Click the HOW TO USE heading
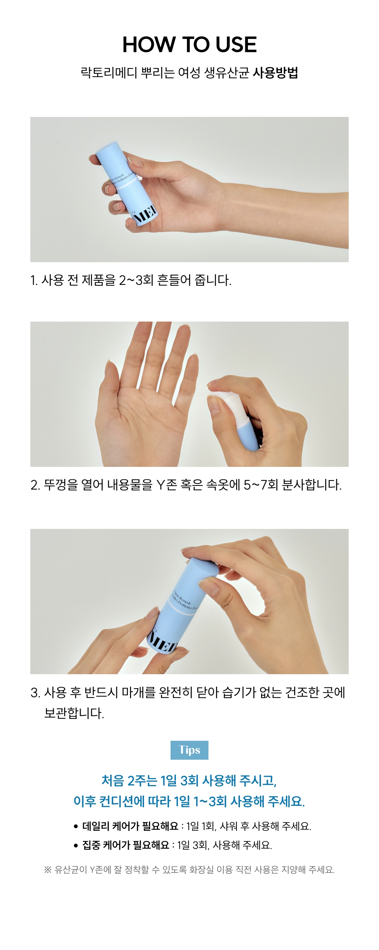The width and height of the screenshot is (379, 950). point(189,45)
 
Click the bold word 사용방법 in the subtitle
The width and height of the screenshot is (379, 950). point(275,73)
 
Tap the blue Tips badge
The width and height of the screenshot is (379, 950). point(189,750)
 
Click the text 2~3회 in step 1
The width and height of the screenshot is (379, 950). point(136,280)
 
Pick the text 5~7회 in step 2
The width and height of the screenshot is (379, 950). point(261,485)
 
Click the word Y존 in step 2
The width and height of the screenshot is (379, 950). point(166,485)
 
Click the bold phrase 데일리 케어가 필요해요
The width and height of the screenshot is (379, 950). point(130,826)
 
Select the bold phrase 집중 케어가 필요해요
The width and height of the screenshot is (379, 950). point(126,845)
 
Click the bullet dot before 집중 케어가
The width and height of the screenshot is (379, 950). point(76,845)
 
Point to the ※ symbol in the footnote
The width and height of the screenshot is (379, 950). point(48,869)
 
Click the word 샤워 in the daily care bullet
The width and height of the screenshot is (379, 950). point(229,826)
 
